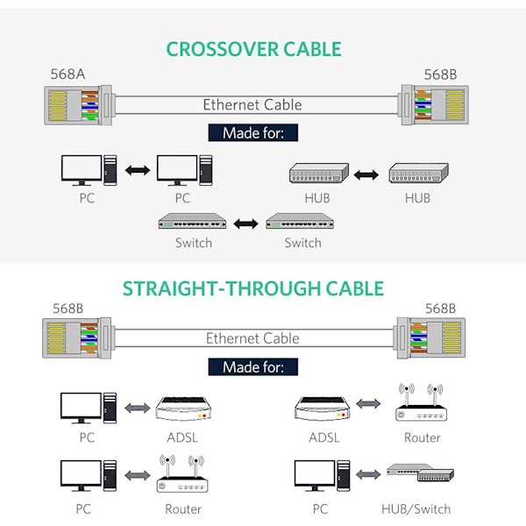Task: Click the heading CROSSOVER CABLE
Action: pos(253,49)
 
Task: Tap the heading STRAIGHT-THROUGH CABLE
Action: pos(253,288)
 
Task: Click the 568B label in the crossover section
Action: pos(441,74)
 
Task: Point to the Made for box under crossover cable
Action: pos(252,133)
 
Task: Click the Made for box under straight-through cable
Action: pos(252,366)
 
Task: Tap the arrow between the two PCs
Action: pos(137,169)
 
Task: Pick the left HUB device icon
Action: pos(319,173)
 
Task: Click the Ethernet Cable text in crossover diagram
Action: pos(252,104)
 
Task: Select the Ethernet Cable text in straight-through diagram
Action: pos(252,338)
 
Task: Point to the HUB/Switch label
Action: pos(416,508)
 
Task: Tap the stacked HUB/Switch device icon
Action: pos(417,474)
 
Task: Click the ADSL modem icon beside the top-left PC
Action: pos(182,408)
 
